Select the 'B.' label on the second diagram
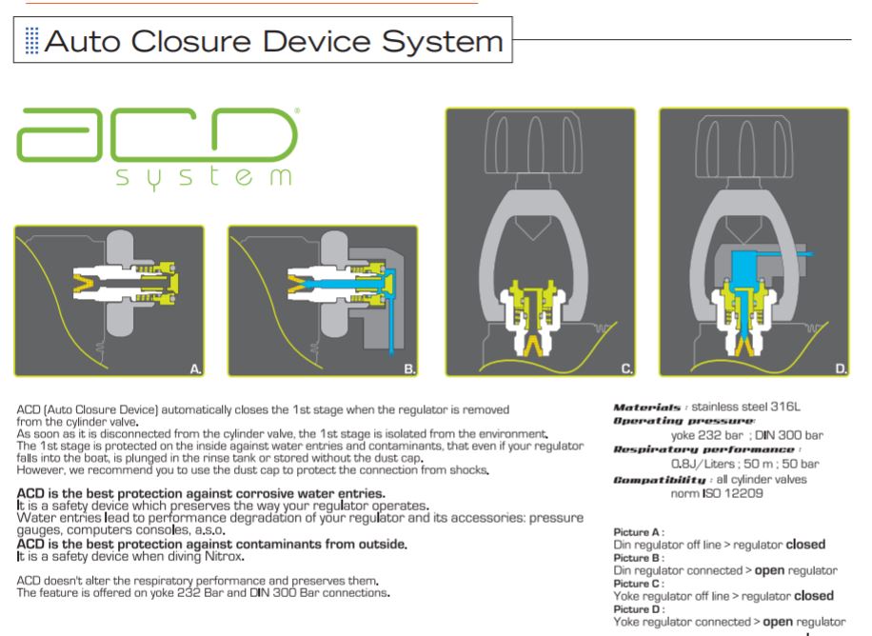406,363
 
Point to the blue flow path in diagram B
343,280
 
